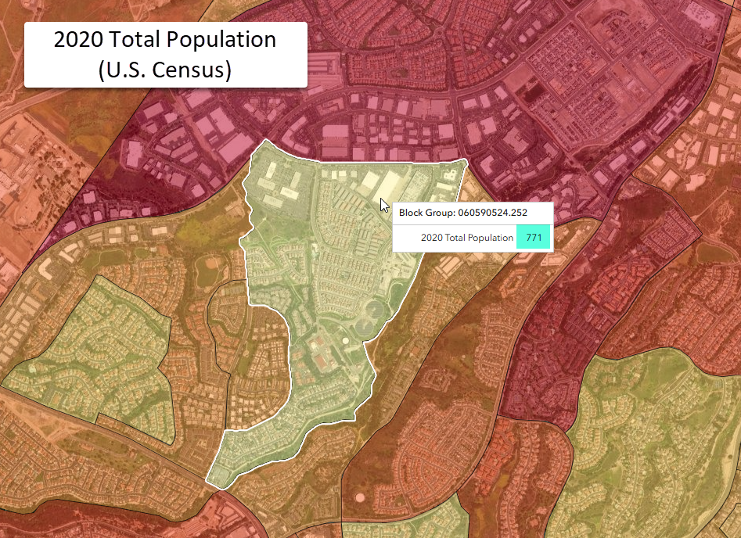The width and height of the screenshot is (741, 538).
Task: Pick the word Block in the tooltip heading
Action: coord(413,213)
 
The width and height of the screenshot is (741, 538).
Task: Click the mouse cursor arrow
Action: coord(384,205)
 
